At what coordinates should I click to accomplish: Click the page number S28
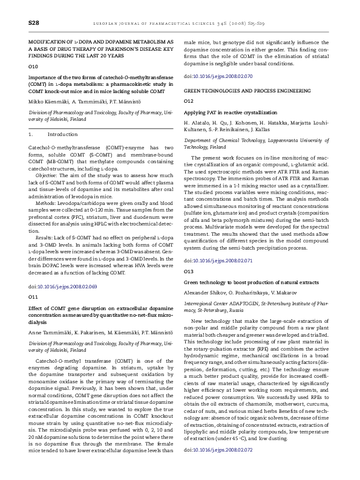pyautogui.click(x=34, y=22)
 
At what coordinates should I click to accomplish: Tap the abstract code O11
pyautogui.click(x=33, y=297)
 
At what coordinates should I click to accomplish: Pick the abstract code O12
pyautogui.click(x=189, y=100)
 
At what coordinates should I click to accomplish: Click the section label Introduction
pyautogui.click(x=62, y=135)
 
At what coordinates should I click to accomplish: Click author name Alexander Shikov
pyautogui.click(x=205, y=293)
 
